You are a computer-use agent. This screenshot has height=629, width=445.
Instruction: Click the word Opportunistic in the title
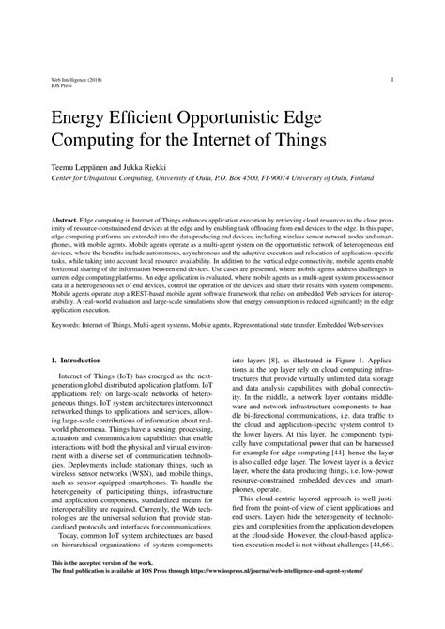pyautogui.click(x=249, y=116)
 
